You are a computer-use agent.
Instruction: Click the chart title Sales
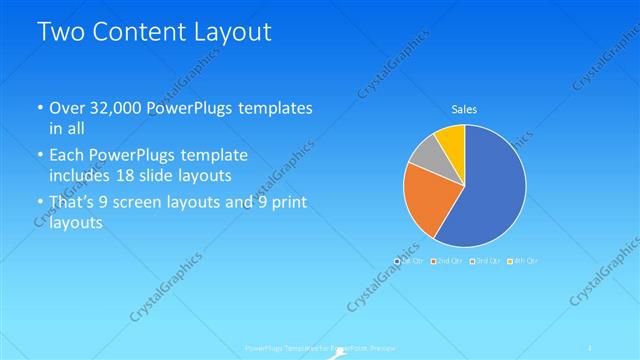(464, 109)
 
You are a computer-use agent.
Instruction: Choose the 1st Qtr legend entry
(410, 261)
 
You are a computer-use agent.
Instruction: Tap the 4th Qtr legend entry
(521, 261)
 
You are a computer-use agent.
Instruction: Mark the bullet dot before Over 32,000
(39, 108)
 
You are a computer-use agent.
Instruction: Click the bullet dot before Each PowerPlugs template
(39, 156)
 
